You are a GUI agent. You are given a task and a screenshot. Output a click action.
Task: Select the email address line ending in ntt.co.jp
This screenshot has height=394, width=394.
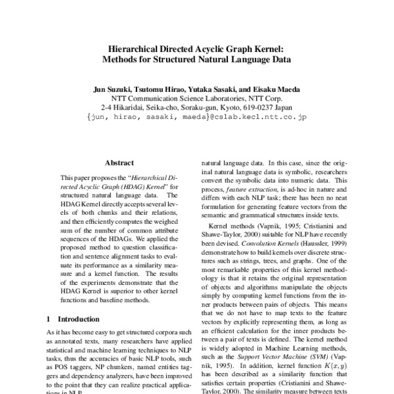[196, 117]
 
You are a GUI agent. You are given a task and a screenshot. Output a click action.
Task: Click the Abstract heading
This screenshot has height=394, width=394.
[120, 163]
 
